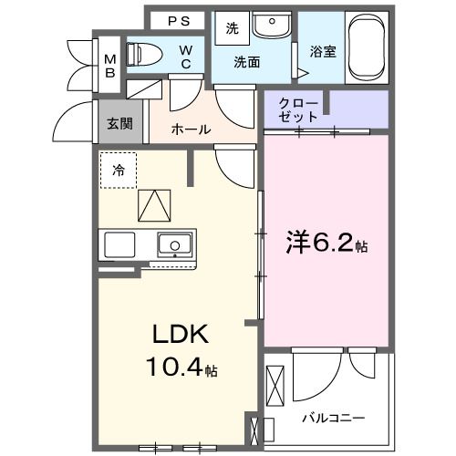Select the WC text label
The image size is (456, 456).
tap(185, 57)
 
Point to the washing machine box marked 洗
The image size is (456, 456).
tap(232, 28)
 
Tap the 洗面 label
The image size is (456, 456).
tap(247, 62)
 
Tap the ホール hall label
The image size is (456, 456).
tap(192, 130)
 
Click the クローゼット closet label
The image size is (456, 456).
tap(300, 110)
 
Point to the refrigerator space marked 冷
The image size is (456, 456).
tap(119, 169)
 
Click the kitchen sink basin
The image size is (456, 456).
tap(173, 244)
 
